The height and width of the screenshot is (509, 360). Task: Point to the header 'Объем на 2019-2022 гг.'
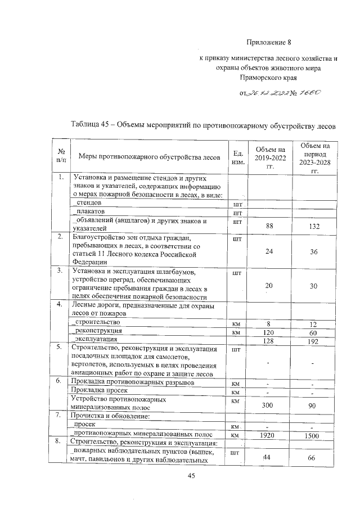(269, 157)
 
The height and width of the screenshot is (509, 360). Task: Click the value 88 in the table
(269, 226)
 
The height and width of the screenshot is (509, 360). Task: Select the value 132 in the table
(314, 226)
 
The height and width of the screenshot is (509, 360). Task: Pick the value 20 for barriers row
(269, 286)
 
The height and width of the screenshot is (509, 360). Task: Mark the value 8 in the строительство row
(269, 324)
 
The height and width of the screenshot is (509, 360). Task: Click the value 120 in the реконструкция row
(269, 332)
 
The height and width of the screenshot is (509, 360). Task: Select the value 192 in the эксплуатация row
(314, 341)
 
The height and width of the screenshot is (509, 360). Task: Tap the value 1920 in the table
(269, 435)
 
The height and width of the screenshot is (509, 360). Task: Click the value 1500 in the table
(314, 435)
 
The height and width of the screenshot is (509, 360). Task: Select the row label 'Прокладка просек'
(101, 390)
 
